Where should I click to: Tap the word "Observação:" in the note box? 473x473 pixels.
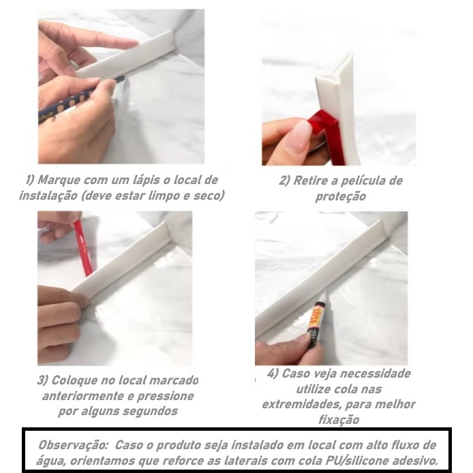(74, 445)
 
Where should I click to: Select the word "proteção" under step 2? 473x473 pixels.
(341, 196)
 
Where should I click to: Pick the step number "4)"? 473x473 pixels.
(273, 373)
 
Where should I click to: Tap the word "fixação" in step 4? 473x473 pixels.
(339, 420)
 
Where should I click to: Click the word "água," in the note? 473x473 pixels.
(50, 461)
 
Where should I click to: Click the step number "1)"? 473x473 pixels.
(31, 180)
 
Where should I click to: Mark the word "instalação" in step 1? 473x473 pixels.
(48, 196)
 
